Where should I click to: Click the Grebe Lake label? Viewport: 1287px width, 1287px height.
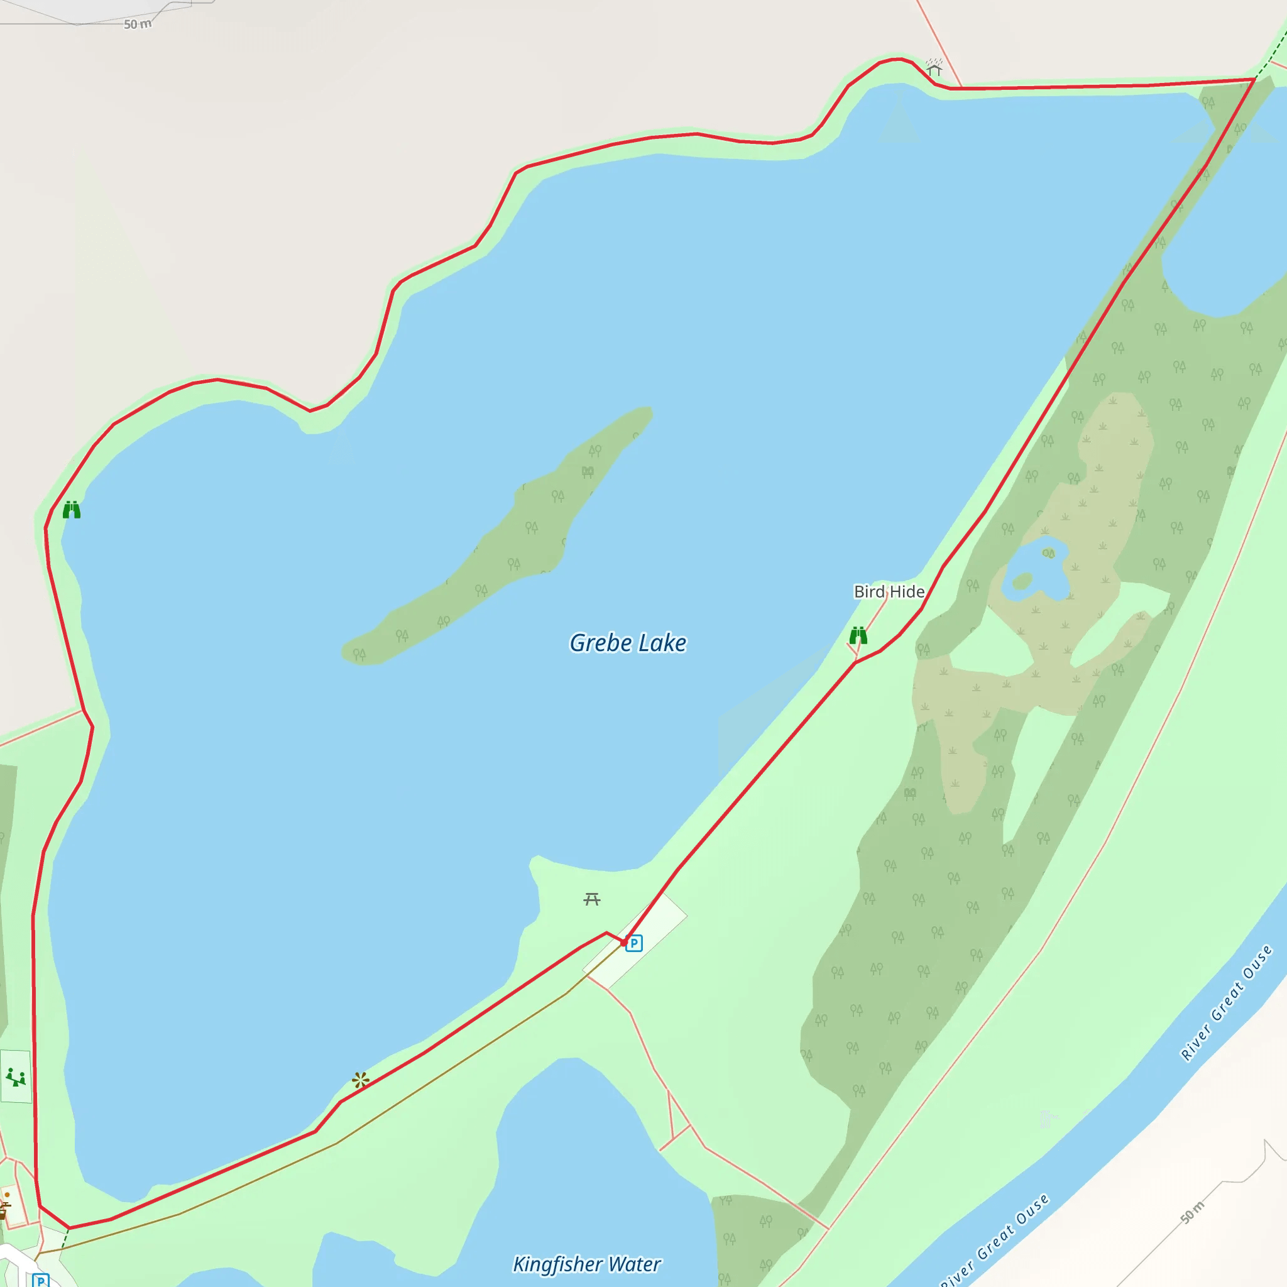click(x=628, y=643)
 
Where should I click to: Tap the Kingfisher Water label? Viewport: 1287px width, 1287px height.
click(x=586, y=1264)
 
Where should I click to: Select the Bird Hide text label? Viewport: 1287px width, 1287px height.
click(x=889, y=591)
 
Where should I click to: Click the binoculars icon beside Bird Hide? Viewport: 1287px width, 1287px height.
click(x=858, y=635)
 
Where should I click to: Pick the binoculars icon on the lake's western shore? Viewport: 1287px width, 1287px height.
click(x=71, y=510)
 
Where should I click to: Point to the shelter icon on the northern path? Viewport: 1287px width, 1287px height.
click(x=934, y=67)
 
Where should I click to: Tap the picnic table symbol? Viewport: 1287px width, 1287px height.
click(x=591, y=899)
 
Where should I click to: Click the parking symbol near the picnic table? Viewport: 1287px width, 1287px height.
click(x=634, y=943)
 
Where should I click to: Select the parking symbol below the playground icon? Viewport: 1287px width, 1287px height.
click(x=41, y=1280)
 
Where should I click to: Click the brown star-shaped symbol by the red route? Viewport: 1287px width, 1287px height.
click(x=360, y=1080)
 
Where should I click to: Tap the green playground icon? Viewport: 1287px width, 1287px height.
click(x=15, y=1076)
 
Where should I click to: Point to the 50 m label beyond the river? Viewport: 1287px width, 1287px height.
click(x=1192, y=1212)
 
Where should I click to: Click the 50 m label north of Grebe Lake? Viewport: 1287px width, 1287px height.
click(x=138, y=25)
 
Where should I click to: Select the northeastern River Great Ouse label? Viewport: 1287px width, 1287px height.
click(x=1225, y=1002)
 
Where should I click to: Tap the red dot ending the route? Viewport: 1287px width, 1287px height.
click(x=623, y=943)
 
